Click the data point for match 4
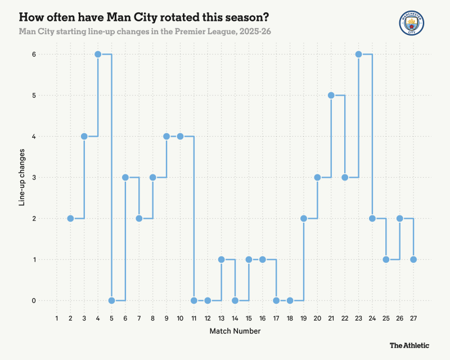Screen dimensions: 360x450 point(98,54)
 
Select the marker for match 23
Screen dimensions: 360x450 point(358,54)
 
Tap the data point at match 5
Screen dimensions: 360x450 point(111,300)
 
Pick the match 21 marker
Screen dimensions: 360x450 point(331,95)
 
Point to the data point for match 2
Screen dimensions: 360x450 point(70,218)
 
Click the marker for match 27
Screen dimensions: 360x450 point(413,259)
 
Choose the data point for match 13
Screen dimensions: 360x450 point(221,259)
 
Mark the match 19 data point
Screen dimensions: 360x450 point(304,218)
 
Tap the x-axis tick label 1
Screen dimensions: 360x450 point(57,319)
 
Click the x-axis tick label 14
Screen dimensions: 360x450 point(235,319)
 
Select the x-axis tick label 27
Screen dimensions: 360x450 point(413,319)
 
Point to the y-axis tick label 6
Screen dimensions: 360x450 point(34,55)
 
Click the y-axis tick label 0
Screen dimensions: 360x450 point(34,301)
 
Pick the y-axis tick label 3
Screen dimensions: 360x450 point(34,178)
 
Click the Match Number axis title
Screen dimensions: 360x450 point(235,332)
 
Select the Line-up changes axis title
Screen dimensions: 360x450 point(22,177)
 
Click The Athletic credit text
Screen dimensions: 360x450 point(409,345)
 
